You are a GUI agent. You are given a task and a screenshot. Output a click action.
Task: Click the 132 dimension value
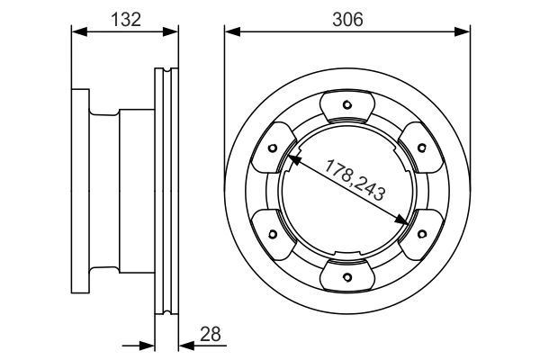pos(126,19)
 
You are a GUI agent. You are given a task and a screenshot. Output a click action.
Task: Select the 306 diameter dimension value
pos(347,19)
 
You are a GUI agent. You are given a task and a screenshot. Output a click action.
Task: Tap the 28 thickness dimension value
pos(210,334)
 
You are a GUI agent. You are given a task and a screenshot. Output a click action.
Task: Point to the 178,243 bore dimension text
pos(355,180)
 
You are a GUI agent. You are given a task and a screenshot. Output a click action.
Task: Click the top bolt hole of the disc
pos(347,104)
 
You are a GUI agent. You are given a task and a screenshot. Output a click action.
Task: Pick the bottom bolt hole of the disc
pos(347,277)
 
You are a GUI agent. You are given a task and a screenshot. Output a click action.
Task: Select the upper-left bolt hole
pos(273,148)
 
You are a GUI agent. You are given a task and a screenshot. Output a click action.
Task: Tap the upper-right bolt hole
pos(422,148)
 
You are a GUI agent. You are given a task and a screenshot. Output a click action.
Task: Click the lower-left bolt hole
pos(273,234)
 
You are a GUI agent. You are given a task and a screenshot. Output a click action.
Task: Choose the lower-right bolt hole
pos(422,234)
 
